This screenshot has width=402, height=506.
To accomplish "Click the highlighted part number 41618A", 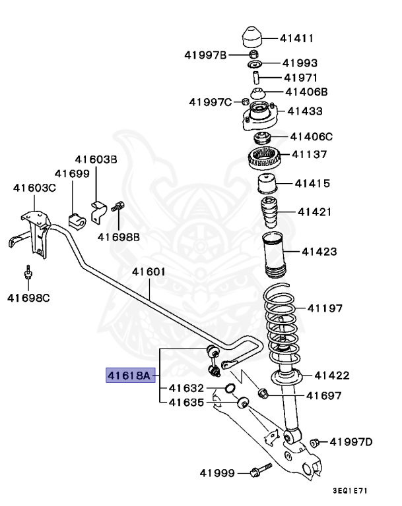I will coord(130,376).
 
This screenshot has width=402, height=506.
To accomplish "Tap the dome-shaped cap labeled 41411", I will coord(253,37).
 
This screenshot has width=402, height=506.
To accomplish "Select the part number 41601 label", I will coord(149,271).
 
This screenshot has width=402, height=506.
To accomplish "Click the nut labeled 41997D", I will coord(315,442).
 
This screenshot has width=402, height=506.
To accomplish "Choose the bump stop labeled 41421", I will coord(269,212).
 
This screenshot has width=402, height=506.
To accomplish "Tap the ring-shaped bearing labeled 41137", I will coord(264,157).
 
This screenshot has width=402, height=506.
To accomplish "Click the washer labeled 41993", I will coord(254,64).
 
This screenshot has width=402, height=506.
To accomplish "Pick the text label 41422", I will coord(332,376).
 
